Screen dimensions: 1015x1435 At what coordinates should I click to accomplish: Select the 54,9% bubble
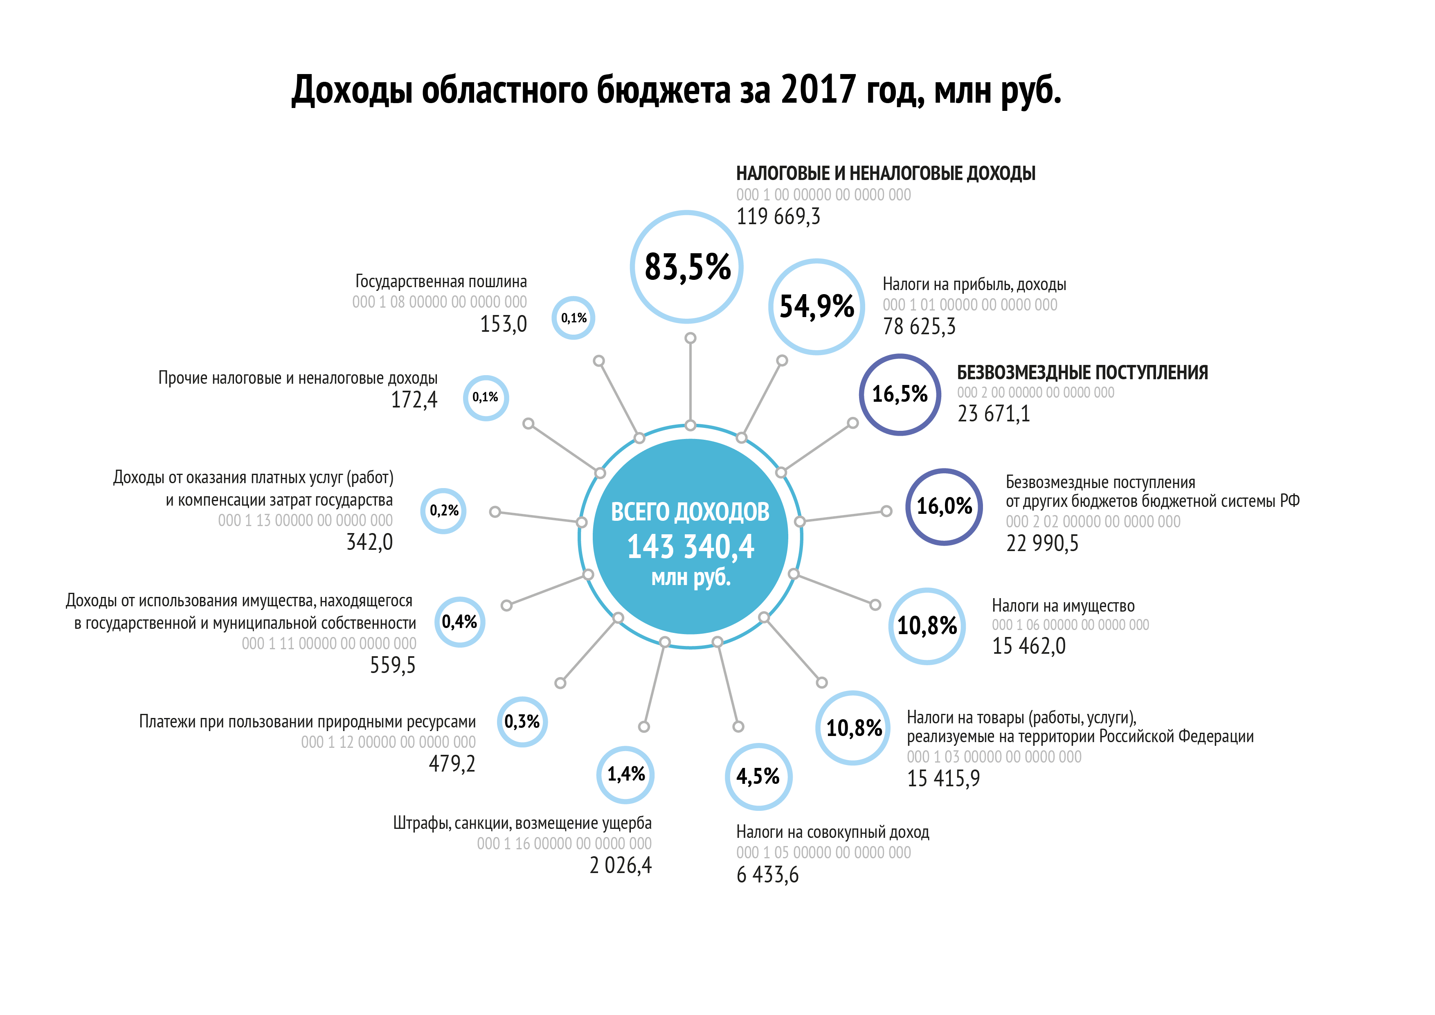click(x=816, y=307)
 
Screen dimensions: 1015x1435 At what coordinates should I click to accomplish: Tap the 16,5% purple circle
click(x=900, y=394)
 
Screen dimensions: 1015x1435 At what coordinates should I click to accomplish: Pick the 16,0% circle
click(x=944, y=506)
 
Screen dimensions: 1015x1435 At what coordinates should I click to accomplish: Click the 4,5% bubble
click(x=758, y=777)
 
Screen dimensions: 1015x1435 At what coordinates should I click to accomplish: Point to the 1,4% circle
click(x=625, y=775)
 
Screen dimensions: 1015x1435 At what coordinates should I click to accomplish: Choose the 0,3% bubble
click(x=522, y=722)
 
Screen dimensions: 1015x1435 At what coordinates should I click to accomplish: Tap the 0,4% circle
click(x=459, y=622)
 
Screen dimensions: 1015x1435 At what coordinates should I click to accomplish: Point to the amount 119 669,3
click(x=778, y=217)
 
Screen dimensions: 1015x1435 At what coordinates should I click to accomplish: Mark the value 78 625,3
click(x=919, y=326)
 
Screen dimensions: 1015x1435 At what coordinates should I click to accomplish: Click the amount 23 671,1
click(x=993, y=414)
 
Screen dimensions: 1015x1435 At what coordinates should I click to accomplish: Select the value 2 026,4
click(x=620, y=866)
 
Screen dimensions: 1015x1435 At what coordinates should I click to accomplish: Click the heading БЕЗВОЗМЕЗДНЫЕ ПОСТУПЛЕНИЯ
click(x=1082, y=373)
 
